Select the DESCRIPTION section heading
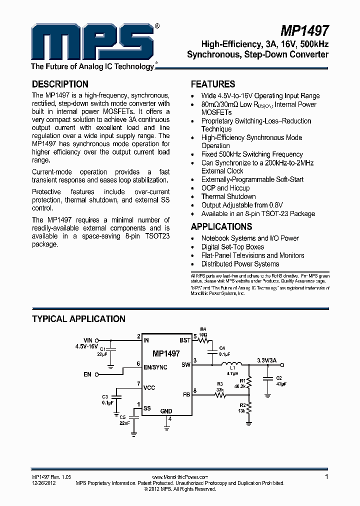pos(60,84)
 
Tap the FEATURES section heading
pos(213,84)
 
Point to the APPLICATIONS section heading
pos(221,226)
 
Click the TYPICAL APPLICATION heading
pos(78,319)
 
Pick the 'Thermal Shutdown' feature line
pos(228,196)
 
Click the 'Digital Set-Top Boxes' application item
pos(232,247)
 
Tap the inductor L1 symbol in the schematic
pos(231,363)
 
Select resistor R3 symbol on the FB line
pos(220,395)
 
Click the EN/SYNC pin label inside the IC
pos(155,367)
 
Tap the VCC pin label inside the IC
pos(149,388)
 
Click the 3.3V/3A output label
pos(266,360)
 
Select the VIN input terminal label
pos(88,339)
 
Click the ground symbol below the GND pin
pos(166,426)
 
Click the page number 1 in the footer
pos(326,477)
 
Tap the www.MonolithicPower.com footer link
pos(179,477)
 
